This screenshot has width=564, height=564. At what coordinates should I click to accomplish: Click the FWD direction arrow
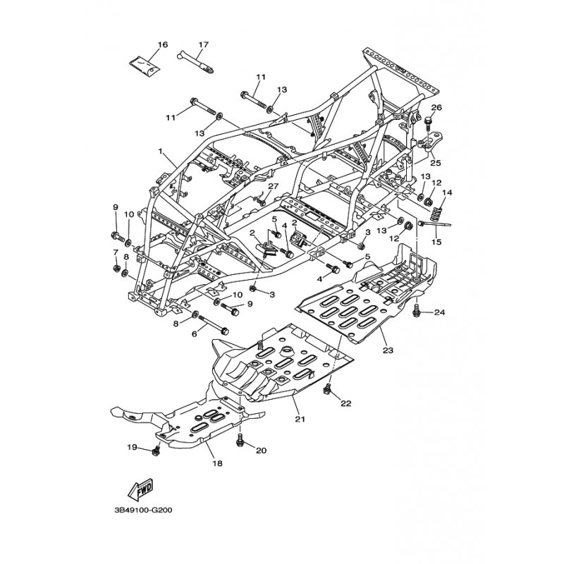(x=140, y=490)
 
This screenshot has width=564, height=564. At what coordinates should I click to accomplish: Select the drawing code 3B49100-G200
(x=143, y=510)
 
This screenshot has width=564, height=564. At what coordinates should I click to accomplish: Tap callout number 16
(x=163, y=44)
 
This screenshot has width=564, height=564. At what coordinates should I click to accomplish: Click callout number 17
(x=203, y=44)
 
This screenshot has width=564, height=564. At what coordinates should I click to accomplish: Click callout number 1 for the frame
(x=161, y=152)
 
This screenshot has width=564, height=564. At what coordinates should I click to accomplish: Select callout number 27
(x=273, y=186)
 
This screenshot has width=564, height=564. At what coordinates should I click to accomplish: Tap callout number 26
(x=436, y=107)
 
